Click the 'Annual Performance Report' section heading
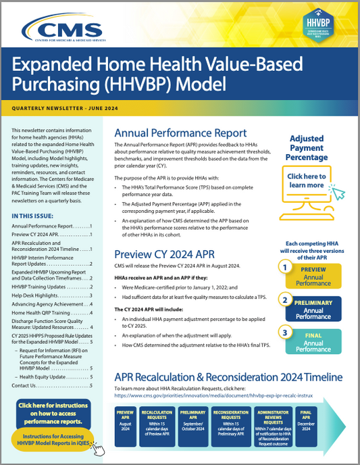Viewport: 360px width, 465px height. (180, 133)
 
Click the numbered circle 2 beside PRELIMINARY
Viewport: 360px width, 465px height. (286, 299)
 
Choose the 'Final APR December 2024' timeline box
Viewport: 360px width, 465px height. (305, 420)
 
